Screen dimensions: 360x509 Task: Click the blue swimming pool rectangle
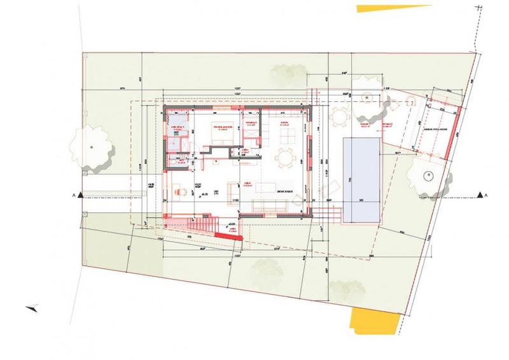pyautogui.click(x=360, y=179)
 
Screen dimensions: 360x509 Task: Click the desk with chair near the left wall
pyautogui.click(x=180, y=189)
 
